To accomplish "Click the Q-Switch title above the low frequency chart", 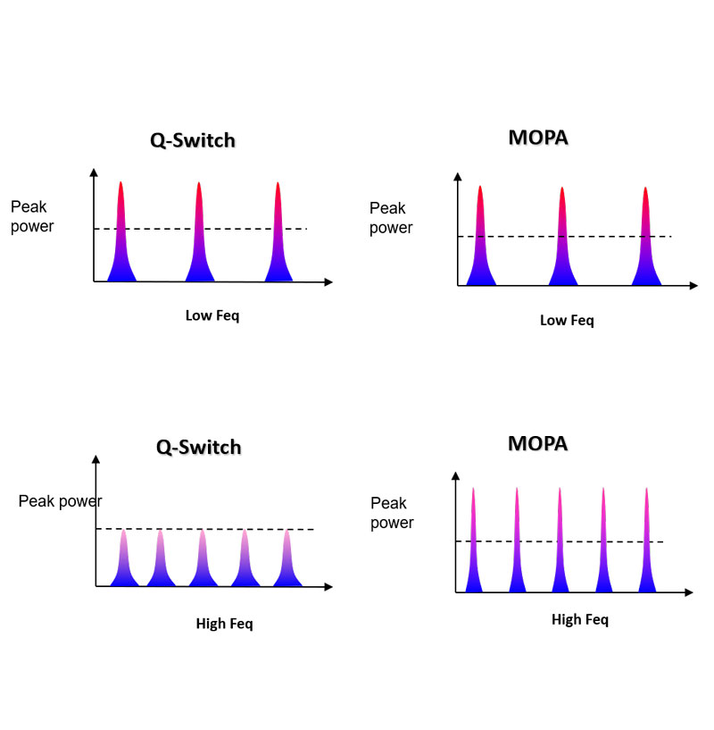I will point(193,140).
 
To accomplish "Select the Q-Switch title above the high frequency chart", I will point(199,446).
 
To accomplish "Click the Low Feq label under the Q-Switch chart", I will point(212,315).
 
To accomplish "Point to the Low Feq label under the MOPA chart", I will point(567,320).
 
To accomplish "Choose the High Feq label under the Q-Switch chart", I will point(224,624).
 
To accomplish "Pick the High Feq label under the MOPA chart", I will point(580,619).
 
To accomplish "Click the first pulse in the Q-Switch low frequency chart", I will point(120,241).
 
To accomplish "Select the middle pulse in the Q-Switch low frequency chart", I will point(199,241).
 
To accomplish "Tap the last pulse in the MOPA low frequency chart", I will point(645,246).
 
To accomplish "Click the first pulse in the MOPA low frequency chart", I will point(480,246).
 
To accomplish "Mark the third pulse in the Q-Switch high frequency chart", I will point(204,563).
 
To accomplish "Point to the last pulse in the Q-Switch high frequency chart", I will point(287,563).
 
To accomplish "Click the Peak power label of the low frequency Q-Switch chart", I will point(32,217).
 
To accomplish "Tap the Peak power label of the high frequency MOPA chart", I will point(392,513).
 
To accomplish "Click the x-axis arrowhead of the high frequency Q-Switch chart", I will point(328,587).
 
